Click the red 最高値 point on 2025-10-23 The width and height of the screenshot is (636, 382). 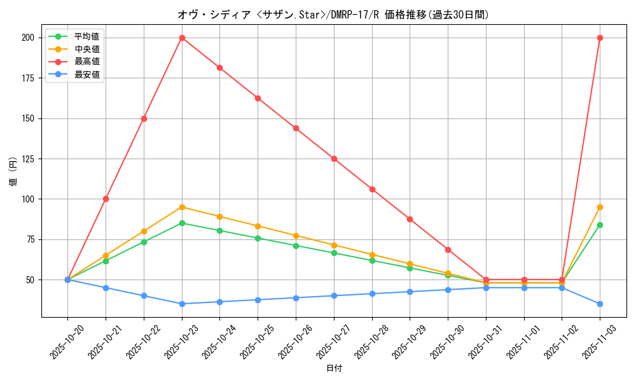click(182, 38)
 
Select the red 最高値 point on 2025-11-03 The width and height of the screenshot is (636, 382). click(600, 38)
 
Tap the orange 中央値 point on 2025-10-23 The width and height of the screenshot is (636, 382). click(182, 207)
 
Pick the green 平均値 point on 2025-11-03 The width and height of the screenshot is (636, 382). click(600, 225)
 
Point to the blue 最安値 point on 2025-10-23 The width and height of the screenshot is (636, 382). click(182, 304)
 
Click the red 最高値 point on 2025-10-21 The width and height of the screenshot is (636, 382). click(106, 199)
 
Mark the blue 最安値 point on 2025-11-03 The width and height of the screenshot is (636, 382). click(600, 304)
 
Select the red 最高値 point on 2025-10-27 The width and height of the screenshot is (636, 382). click(334, 159)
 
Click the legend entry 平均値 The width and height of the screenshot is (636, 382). click(86, 36)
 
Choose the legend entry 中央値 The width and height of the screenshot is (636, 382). click(86, 49)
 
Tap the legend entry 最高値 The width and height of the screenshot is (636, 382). click(86, 62)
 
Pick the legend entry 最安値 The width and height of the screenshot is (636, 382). click(86, 74)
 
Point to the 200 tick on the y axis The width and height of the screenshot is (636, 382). click(29, 38)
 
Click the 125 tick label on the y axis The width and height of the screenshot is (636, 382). click(29, 159)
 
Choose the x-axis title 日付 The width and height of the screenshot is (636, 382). click(334, 369)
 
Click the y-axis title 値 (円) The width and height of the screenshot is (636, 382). click(13, 172)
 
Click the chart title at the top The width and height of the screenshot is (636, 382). click(334, 15)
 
